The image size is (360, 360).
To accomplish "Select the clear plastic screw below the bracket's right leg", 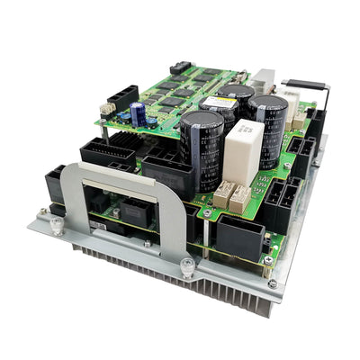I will pos(185,266).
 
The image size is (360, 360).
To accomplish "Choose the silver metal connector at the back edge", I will pos(264,79).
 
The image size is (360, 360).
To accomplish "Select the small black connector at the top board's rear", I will pos(179,67).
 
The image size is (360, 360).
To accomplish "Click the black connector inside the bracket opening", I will pos(135,214).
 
